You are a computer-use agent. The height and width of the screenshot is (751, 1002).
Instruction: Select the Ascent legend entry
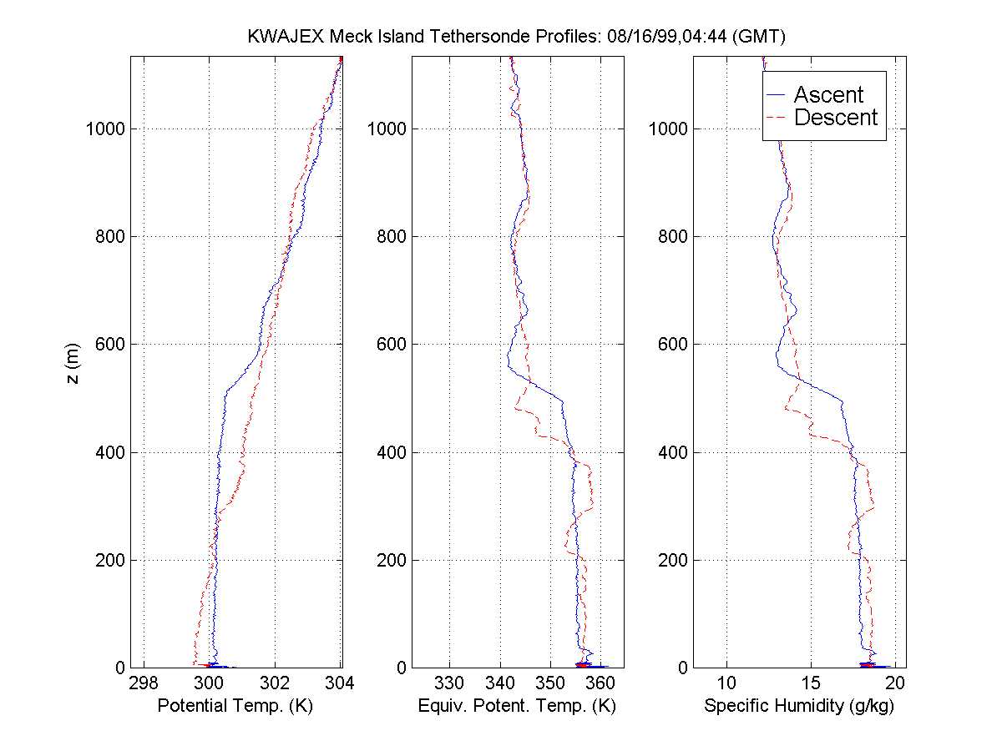click(x=828, y=94)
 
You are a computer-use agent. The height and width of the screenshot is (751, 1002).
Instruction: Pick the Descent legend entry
click(x=836, y=118)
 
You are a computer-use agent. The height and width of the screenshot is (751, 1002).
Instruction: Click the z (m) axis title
click(x=76, y=362)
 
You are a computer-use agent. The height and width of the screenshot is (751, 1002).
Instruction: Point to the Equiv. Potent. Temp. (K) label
click(x=517, y=706)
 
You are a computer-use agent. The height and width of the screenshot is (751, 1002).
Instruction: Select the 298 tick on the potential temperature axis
click(x=144, y=683)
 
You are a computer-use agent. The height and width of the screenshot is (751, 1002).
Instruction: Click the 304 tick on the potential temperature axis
click(x=341, y=683)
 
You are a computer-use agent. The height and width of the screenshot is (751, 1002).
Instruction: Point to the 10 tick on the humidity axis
click(x=726, y=683)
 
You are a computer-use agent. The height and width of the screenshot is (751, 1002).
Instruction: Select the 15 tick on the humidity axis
click(x=811, y=683)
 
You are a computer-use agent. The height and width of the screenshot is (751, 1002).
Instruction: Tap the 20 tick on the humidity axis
click(x=894, y=683)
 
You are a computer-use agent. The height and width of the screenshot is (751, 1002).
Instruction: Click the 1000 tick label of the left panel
click(x=105, y=129)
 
